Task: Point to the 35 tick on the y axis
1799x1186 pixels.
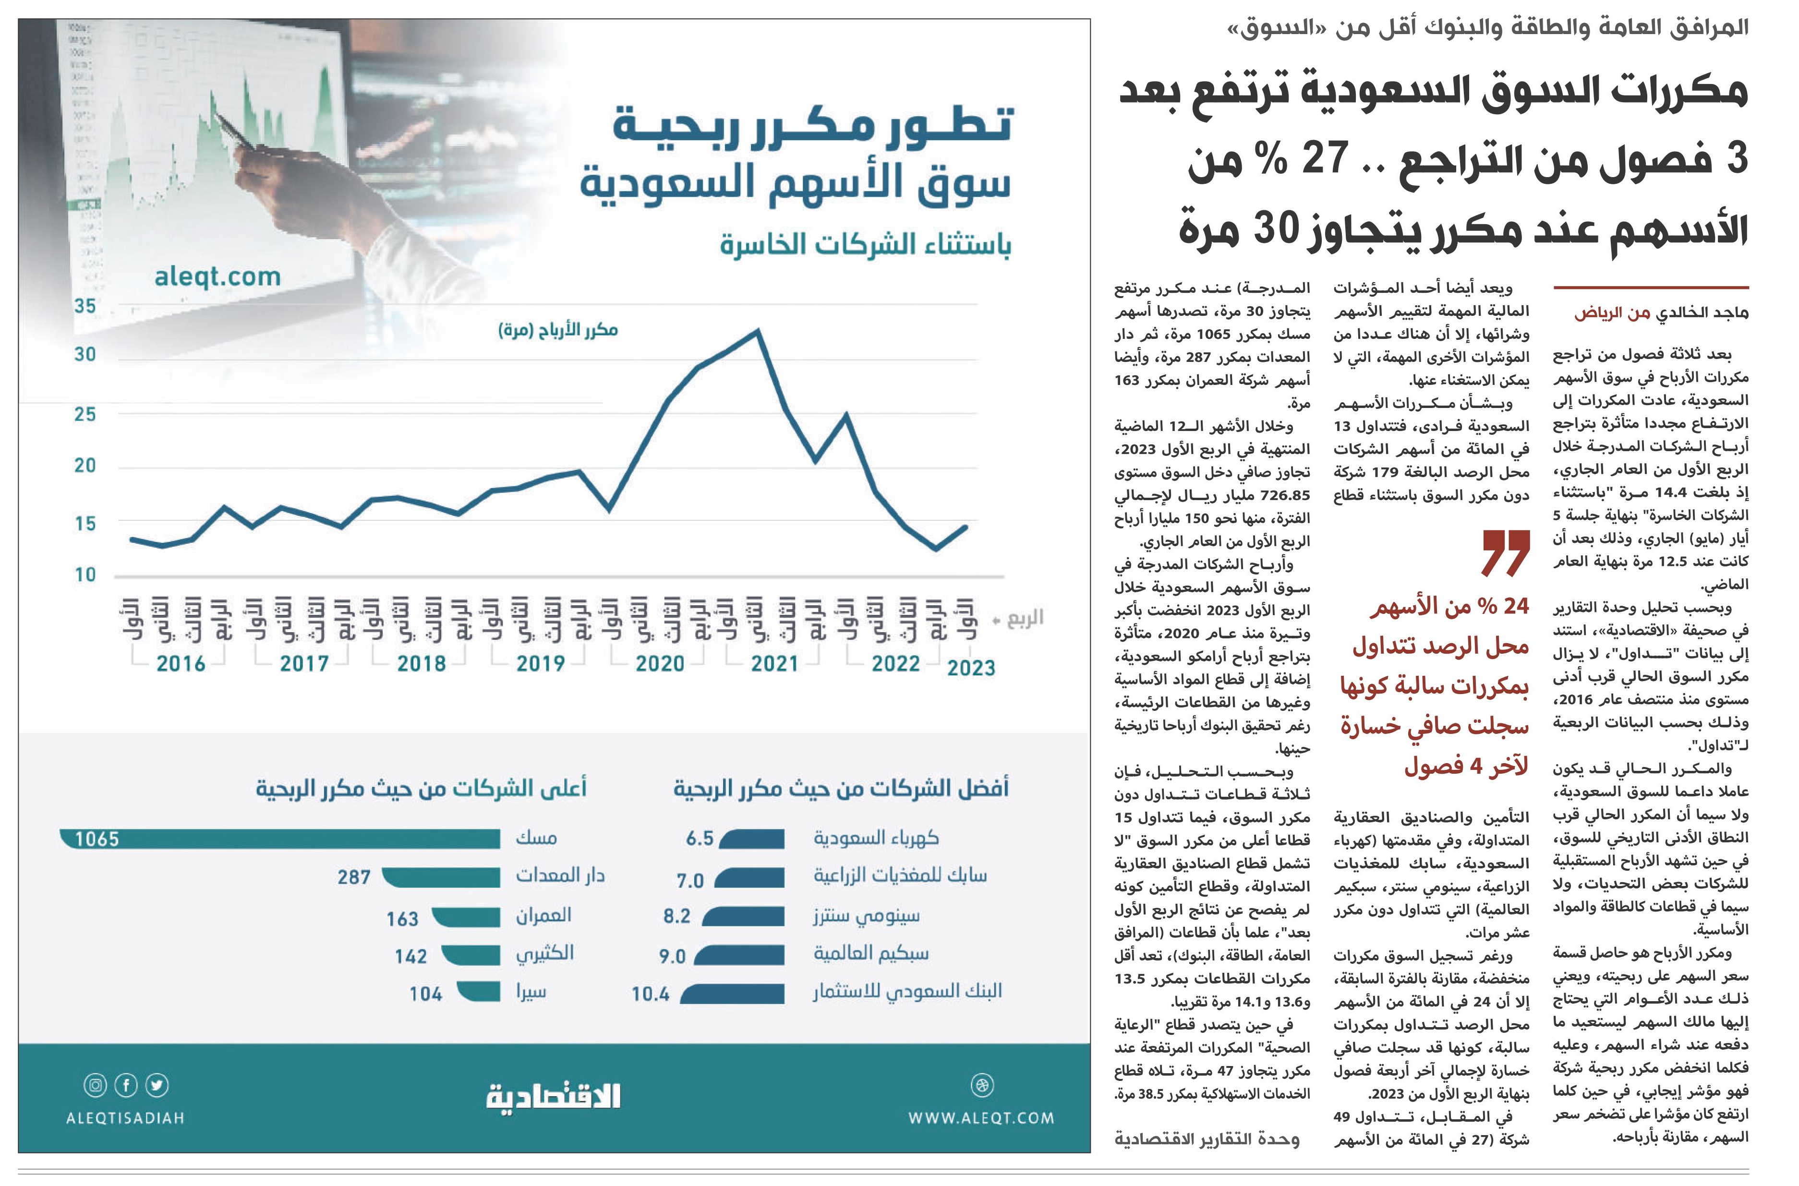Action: [85, 306]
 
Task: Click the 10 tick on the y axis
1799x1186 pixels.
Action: [85, 575]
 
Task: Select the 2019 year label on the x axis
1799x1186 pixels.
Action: [540, 663]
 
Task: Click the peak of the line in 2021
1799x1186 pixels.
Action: [757, 331]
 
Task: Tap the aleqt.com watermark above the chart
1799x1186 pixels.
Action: [217, 277]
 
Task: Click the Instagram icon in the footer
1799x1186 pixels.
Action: [96, 1085]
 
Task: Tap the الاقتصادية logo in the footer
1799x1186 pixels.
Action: [553, 1096]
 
